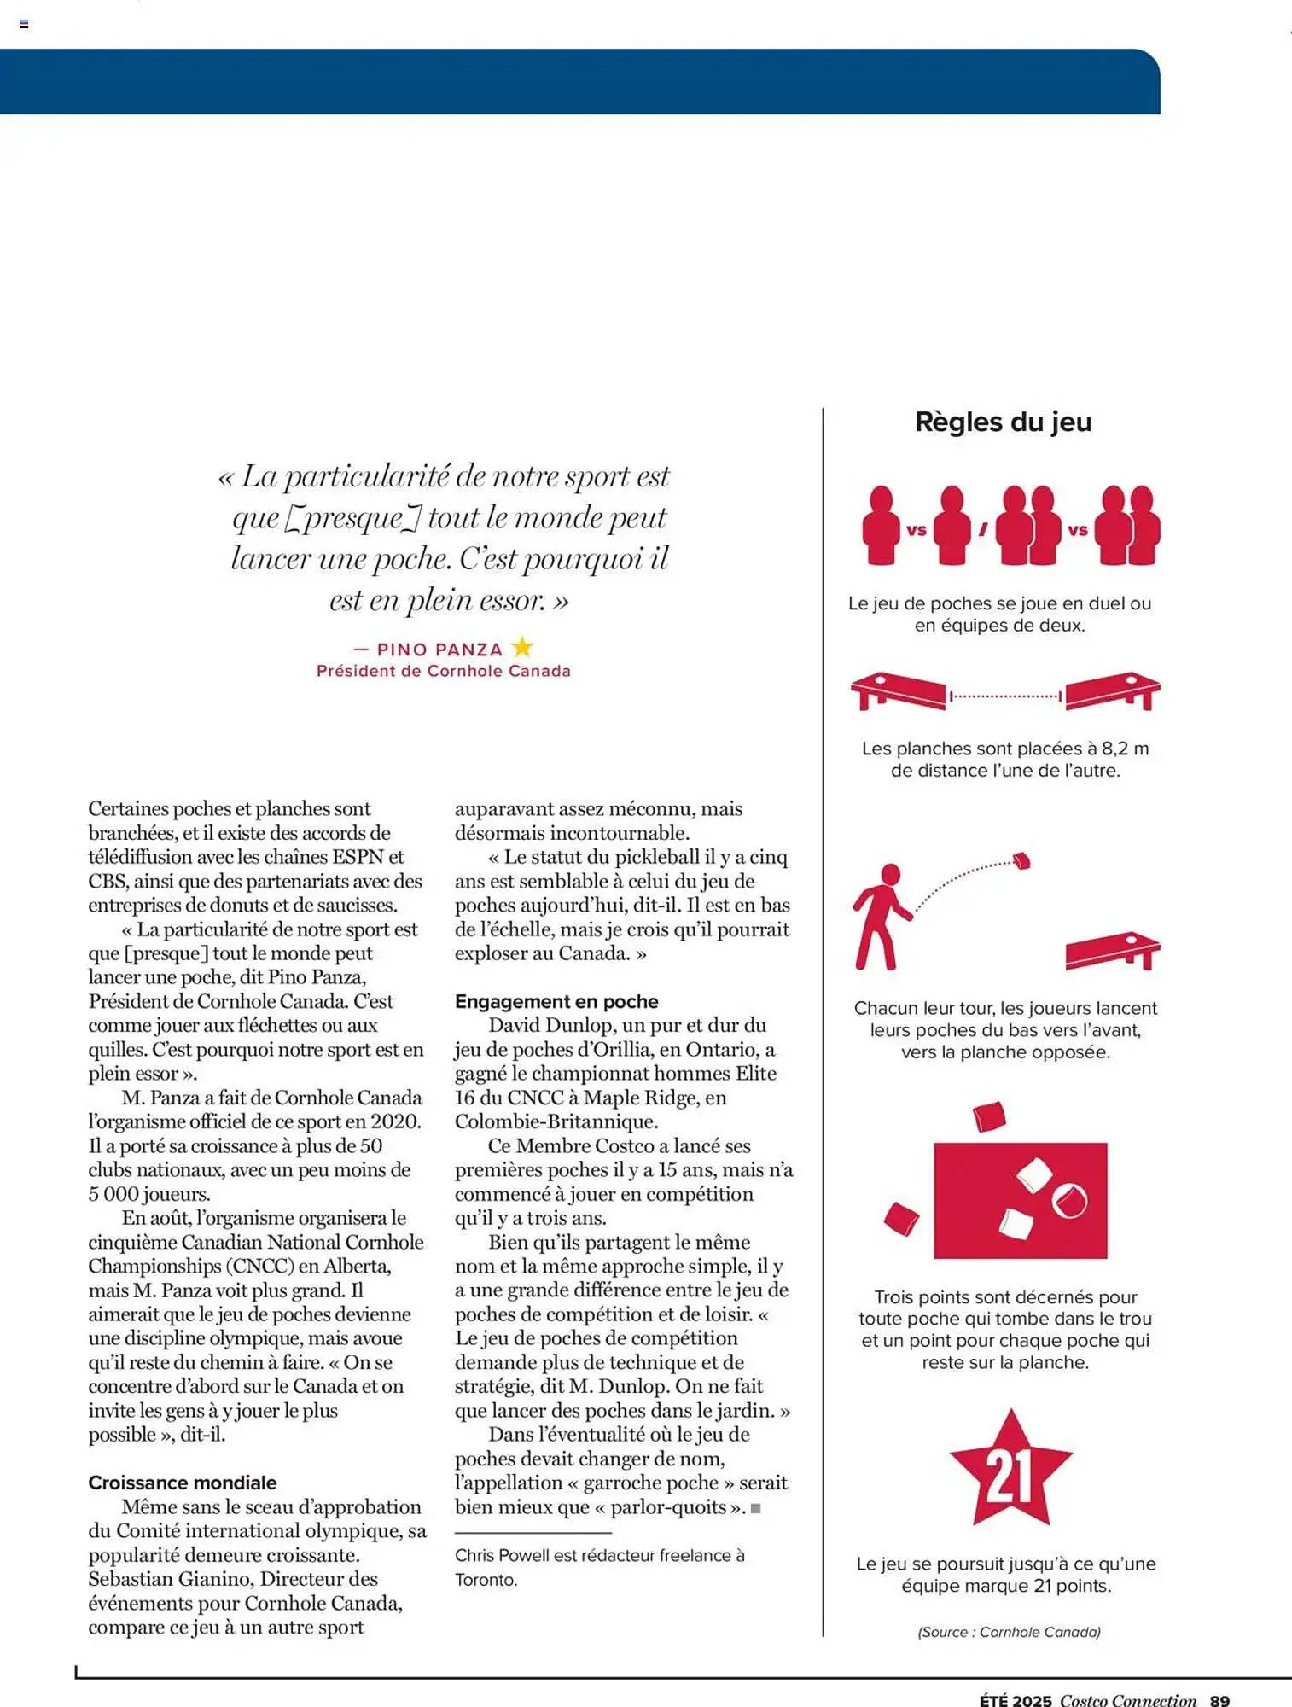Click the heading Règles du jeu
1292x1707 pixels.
tap(1003, 422)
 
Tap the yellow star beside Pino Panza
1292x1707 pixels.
tap(522, 647)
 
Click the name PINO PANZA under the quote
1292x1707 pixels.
tap(439, 650)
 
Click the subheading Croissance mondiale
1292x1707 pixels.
tap(183, 1483)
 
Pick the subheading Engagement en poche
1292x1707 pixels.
tap(556, 1001)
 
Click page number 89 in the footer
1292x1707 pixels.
tap(1219, 1700)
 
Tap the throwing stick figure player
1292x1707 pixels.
tap(882, 917)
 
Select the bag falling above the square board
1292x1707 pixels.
tap(989, 1116)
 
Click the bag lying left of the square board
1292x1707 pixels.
tap(901, 1218)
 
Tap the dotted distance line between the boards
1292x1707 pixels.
tap(1005, 696)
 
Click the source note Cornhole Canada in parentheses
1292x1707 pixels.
tap(1009, 1632)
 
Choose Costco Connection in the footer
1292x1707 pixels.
tap(1128, 1700)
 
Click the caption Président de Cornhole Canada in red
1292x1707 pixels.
tap(443, 671)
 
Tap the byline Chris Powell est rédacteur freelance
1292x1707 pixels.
tap(599, 1555)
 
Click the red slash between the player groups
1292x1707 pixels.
tap(983, 530)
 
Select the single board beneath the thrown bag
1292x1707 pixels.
tap(1112, 950)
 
